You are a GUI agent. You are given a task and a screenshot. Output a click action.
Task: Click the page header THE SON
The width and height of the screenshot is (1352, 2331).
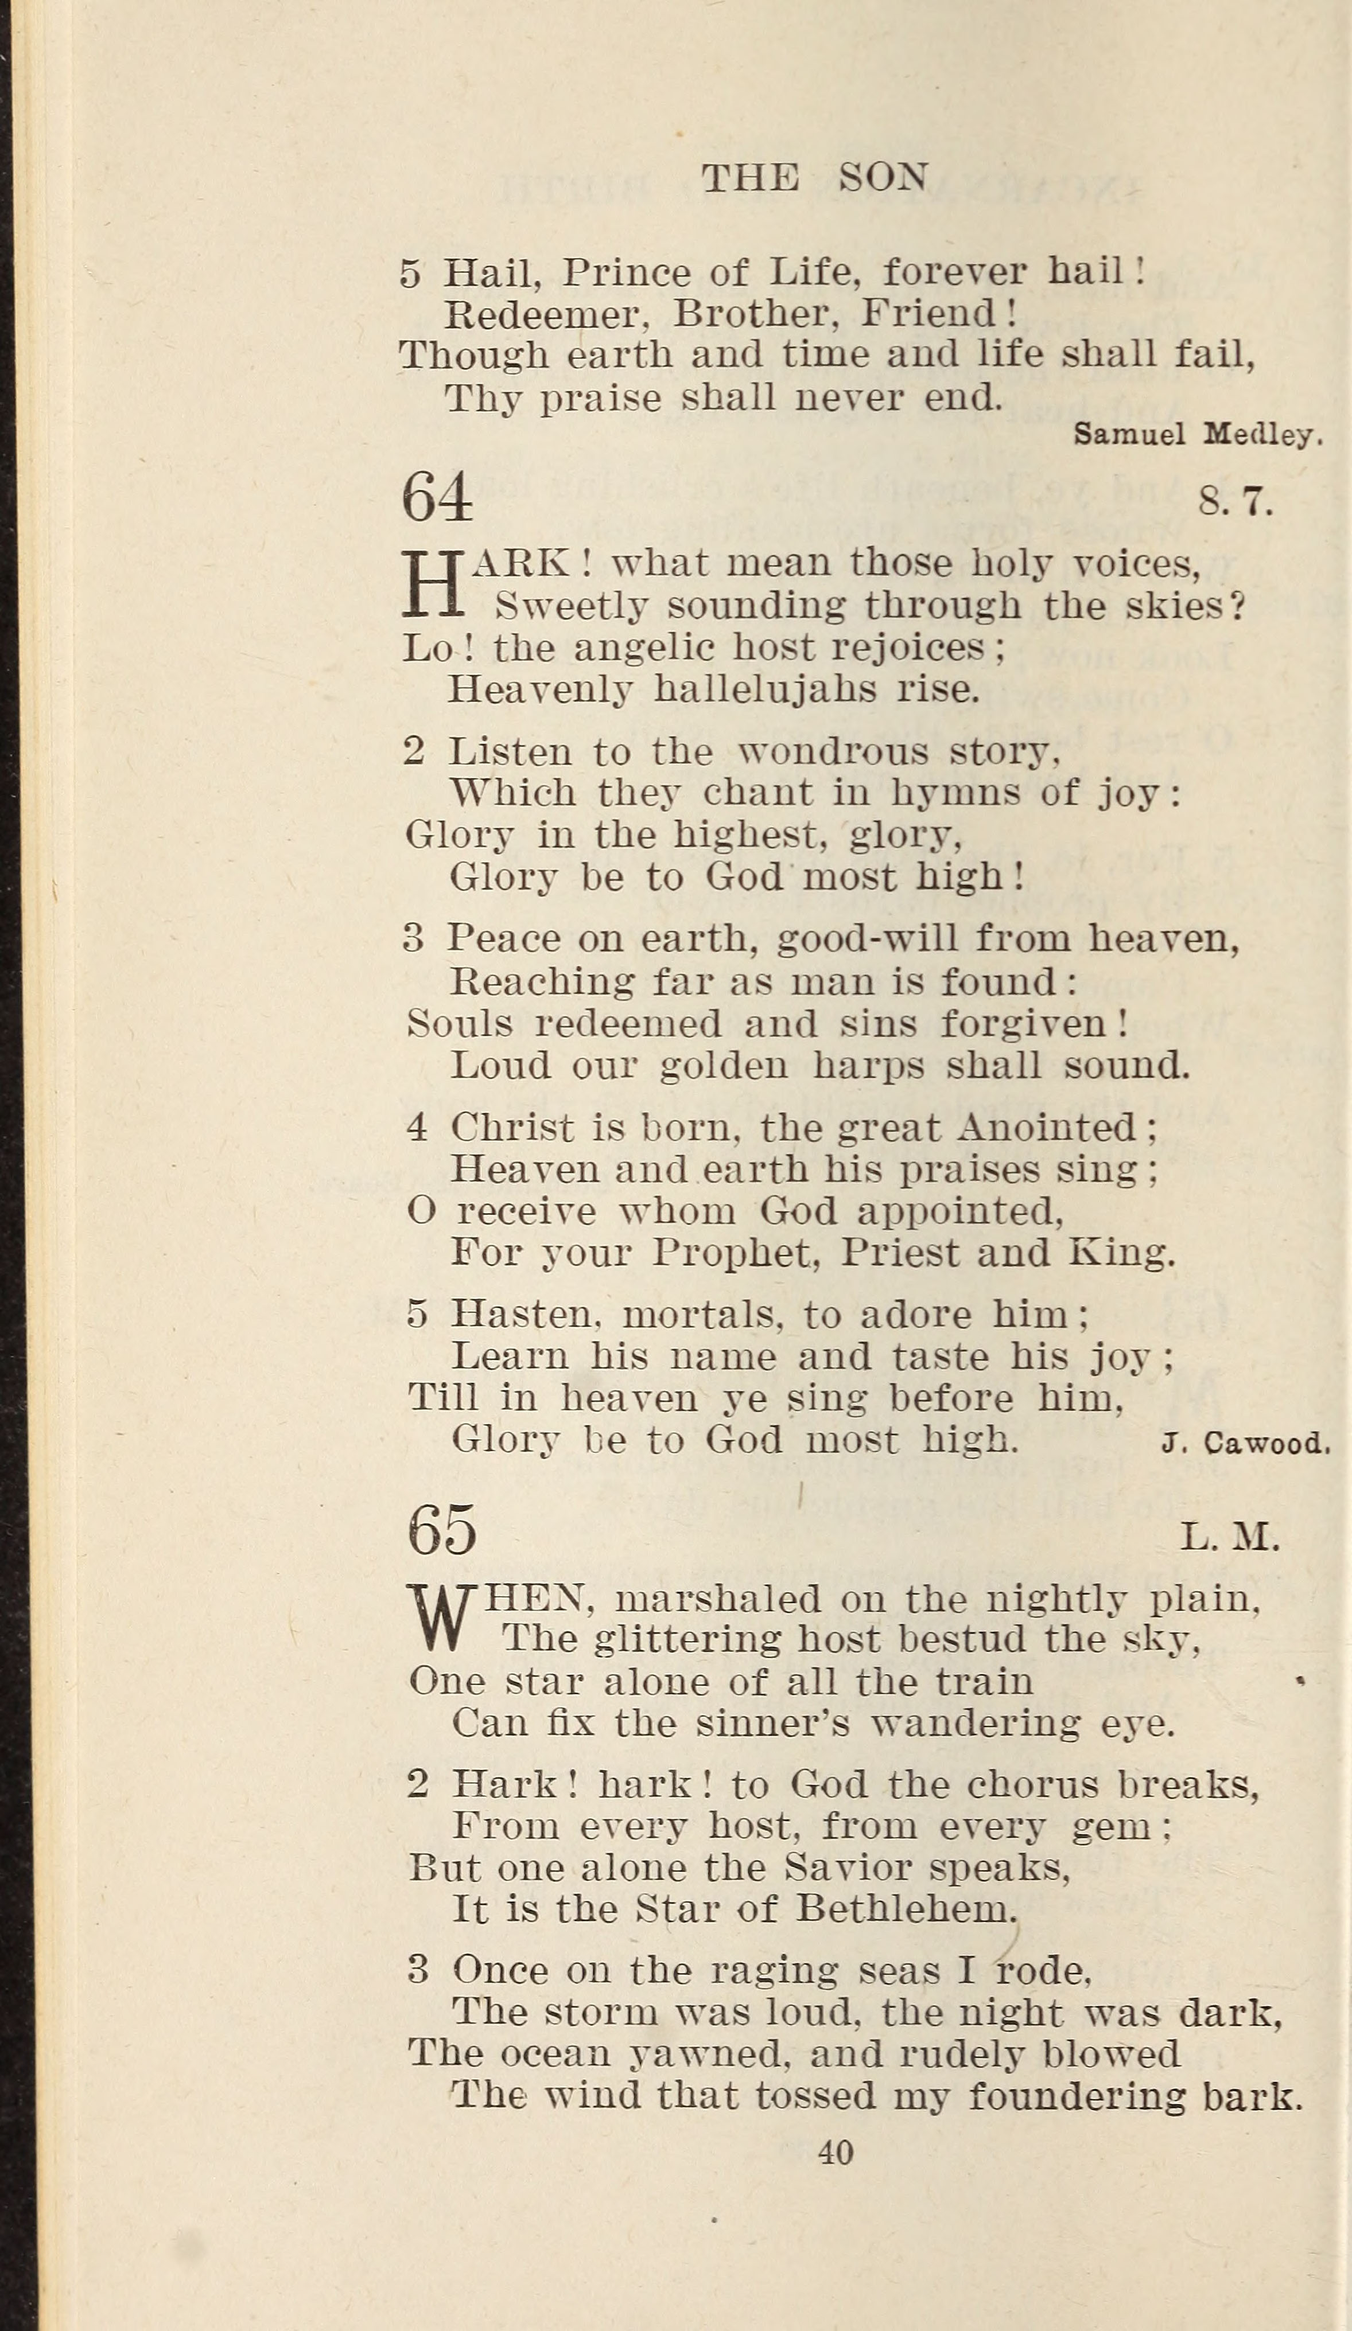[x=814, y=177]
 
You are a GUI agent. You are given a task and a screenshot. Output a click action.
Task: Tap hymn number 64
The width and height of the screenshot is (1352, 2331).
[x=437, y=498]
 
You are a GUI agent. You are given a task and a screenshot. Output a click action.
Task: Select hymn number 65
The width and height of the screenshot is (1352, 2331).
[x=442, y=1530]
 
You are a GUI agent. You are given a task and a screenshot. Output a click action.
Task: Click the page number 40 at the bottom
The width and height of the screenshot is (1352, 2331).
[x=836, y=2153]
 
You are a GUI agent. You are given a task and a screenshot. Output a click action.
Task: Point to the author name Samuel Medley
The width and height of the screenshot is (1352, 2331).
[x=1198, y=435]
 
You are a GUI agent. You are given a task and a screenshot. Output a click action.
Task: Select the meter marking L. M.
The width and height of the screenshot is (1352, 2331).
[x=1230, y=1537]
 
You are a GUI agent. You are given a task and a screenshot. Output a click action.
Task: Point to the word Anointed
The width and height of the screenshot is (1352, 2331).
[x=1047, y=1128]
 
